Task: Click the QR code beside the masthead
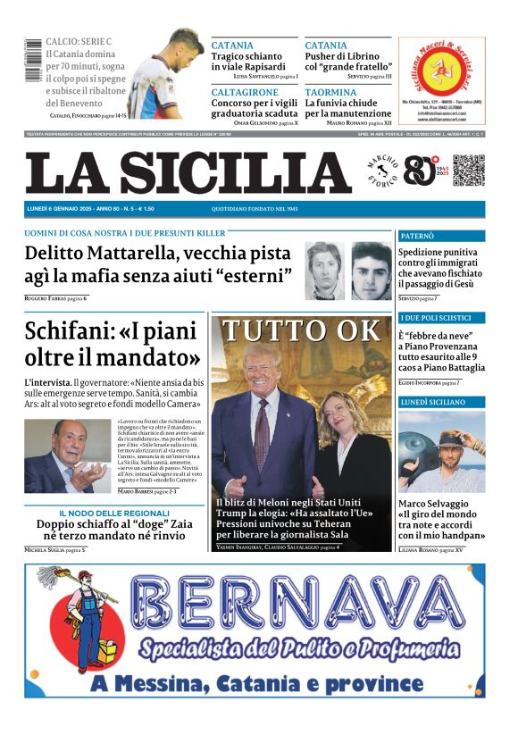pyautogui.click(x=468, y=170)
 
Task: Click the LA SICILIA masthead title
pyautogui.click(x=188, y=172)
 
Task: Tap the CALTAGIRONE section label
pyautogui.click(x=245, y=92)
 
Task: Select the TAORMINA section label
pyautogui.click(x=330, y=92)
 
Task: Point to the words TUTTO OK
pyautogui.click(x=301, y=330)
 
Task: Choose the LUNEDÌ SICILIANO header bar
pyautogui.click(x=441, y=403)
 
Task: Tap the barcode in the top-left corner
pyautogui.click(x=33, y=61)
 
